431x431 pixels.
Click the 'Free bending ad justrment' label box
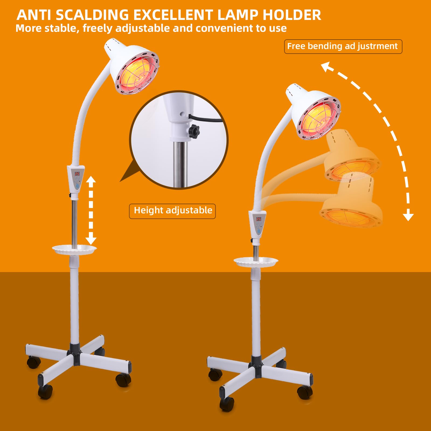coord(343,46)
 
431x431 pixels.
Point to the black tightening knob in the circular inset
coord(194,131)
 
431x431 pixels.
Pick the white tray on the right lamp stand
coord(256,261)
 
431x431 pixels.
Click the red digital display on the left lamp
coord(77,174)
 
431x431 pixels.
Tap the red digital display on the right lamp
coord(259,219)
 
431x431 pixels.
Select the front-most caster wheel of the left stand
coord(45,392)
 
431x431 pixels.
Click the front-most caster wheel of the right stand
coord(227,404)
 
